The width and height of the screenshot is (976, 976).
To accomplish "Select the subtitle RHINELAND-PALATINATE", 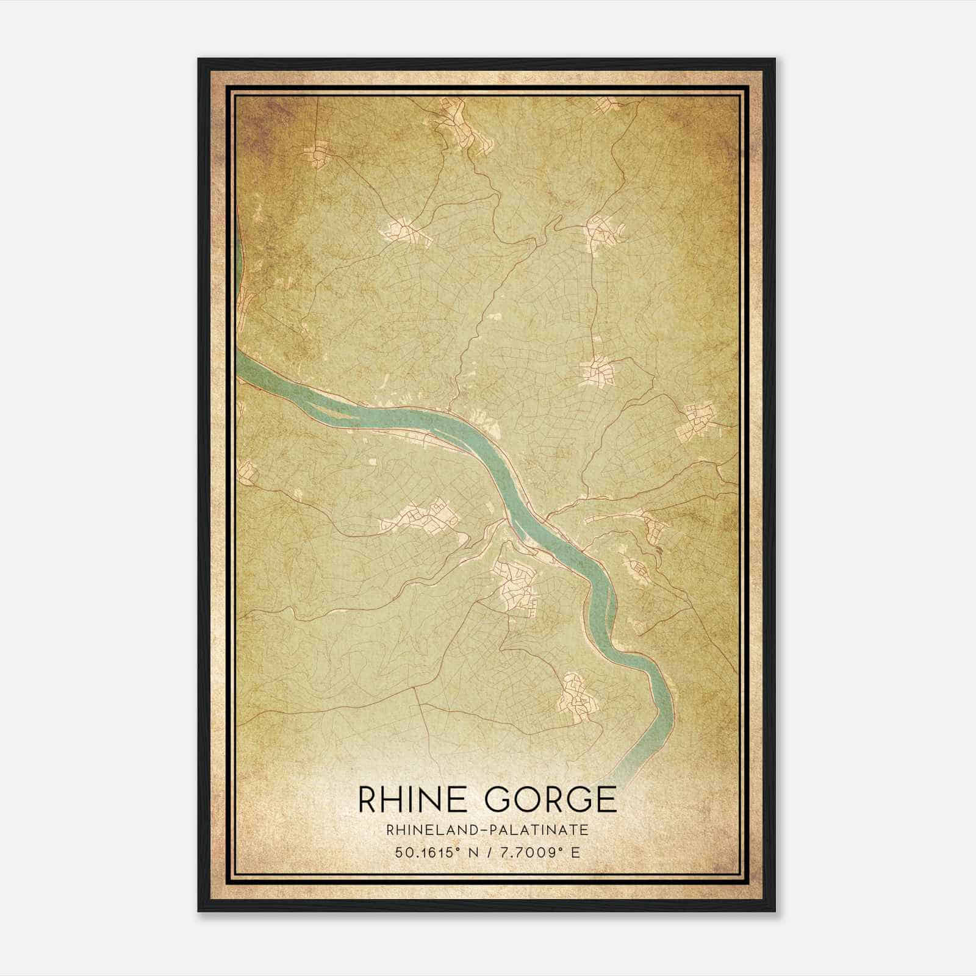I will coord(487,830).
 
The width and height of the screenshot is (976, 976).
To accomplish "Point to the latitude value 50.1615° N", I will coord(434,853).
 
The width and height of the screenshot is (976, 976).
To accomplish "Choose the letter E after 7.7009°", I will coord(575,853).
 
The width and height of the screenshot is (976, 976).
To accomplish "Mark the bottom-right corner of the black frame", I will coord(774,911).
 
